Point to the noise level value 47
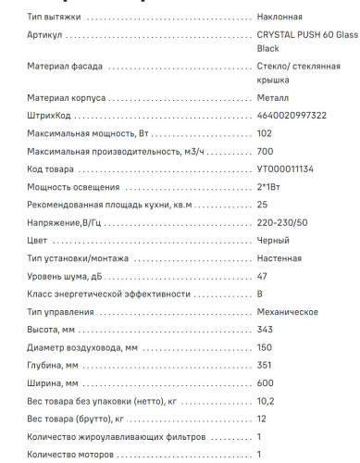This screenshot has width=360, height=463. pos(263,277)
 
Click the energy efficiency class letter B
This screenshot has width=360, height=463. pos(261,294)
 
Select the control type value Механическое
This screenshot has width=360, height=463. pos(288,312)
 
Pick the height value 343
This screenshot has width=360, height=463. pos(266,329)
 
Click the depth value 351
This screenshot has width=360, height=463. pos(265,364)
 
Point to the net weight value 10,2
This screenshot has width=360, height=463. pos(265,399)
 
